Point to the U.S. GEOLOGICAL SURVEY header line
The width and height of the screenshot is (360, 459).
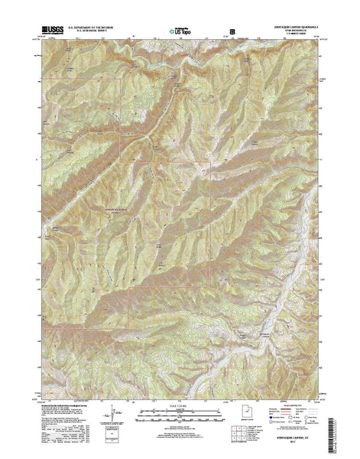pyautogui.click(x=90, y=32)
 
